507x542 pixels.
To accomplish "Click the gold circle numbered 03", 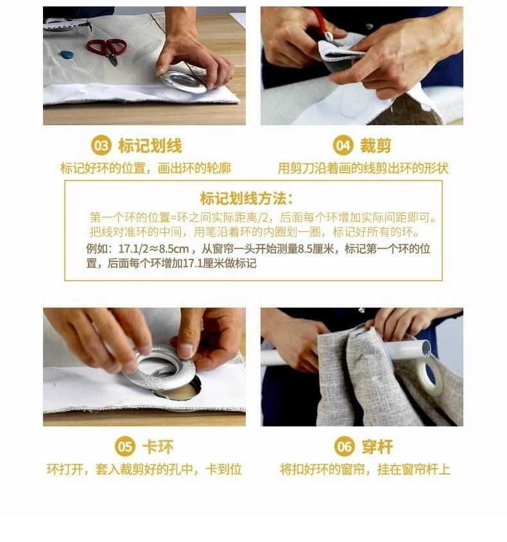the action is point(101,146).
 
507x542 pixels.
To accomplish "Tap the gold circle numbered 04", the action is point(343,146).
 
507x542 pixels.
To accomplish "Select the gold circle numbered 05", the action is point(125,446).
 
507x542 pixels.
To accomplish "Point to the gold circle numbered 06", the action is point(345,446).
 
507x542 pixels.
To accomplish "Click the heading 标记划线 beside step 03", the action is point(150,146).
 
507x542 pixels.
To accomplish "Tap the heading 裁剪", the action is point(376,146).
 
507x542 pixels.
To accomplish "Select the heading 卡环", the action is point(158,446).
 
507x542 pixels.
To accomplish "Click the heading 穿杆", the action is point(377,446).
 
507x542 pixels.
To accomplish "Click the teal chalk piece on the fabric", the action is point(67,55).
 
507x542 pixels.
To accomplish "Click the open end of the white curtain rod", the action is point(425,347).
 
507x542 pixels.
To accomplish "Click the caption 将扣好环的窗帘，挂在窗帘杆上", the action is point(365,470).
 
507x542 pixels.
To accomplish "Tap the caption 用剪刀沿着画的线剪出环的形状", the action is point(363,169).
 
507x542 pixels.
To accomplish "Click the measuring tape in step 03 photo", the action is point(67,25).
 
